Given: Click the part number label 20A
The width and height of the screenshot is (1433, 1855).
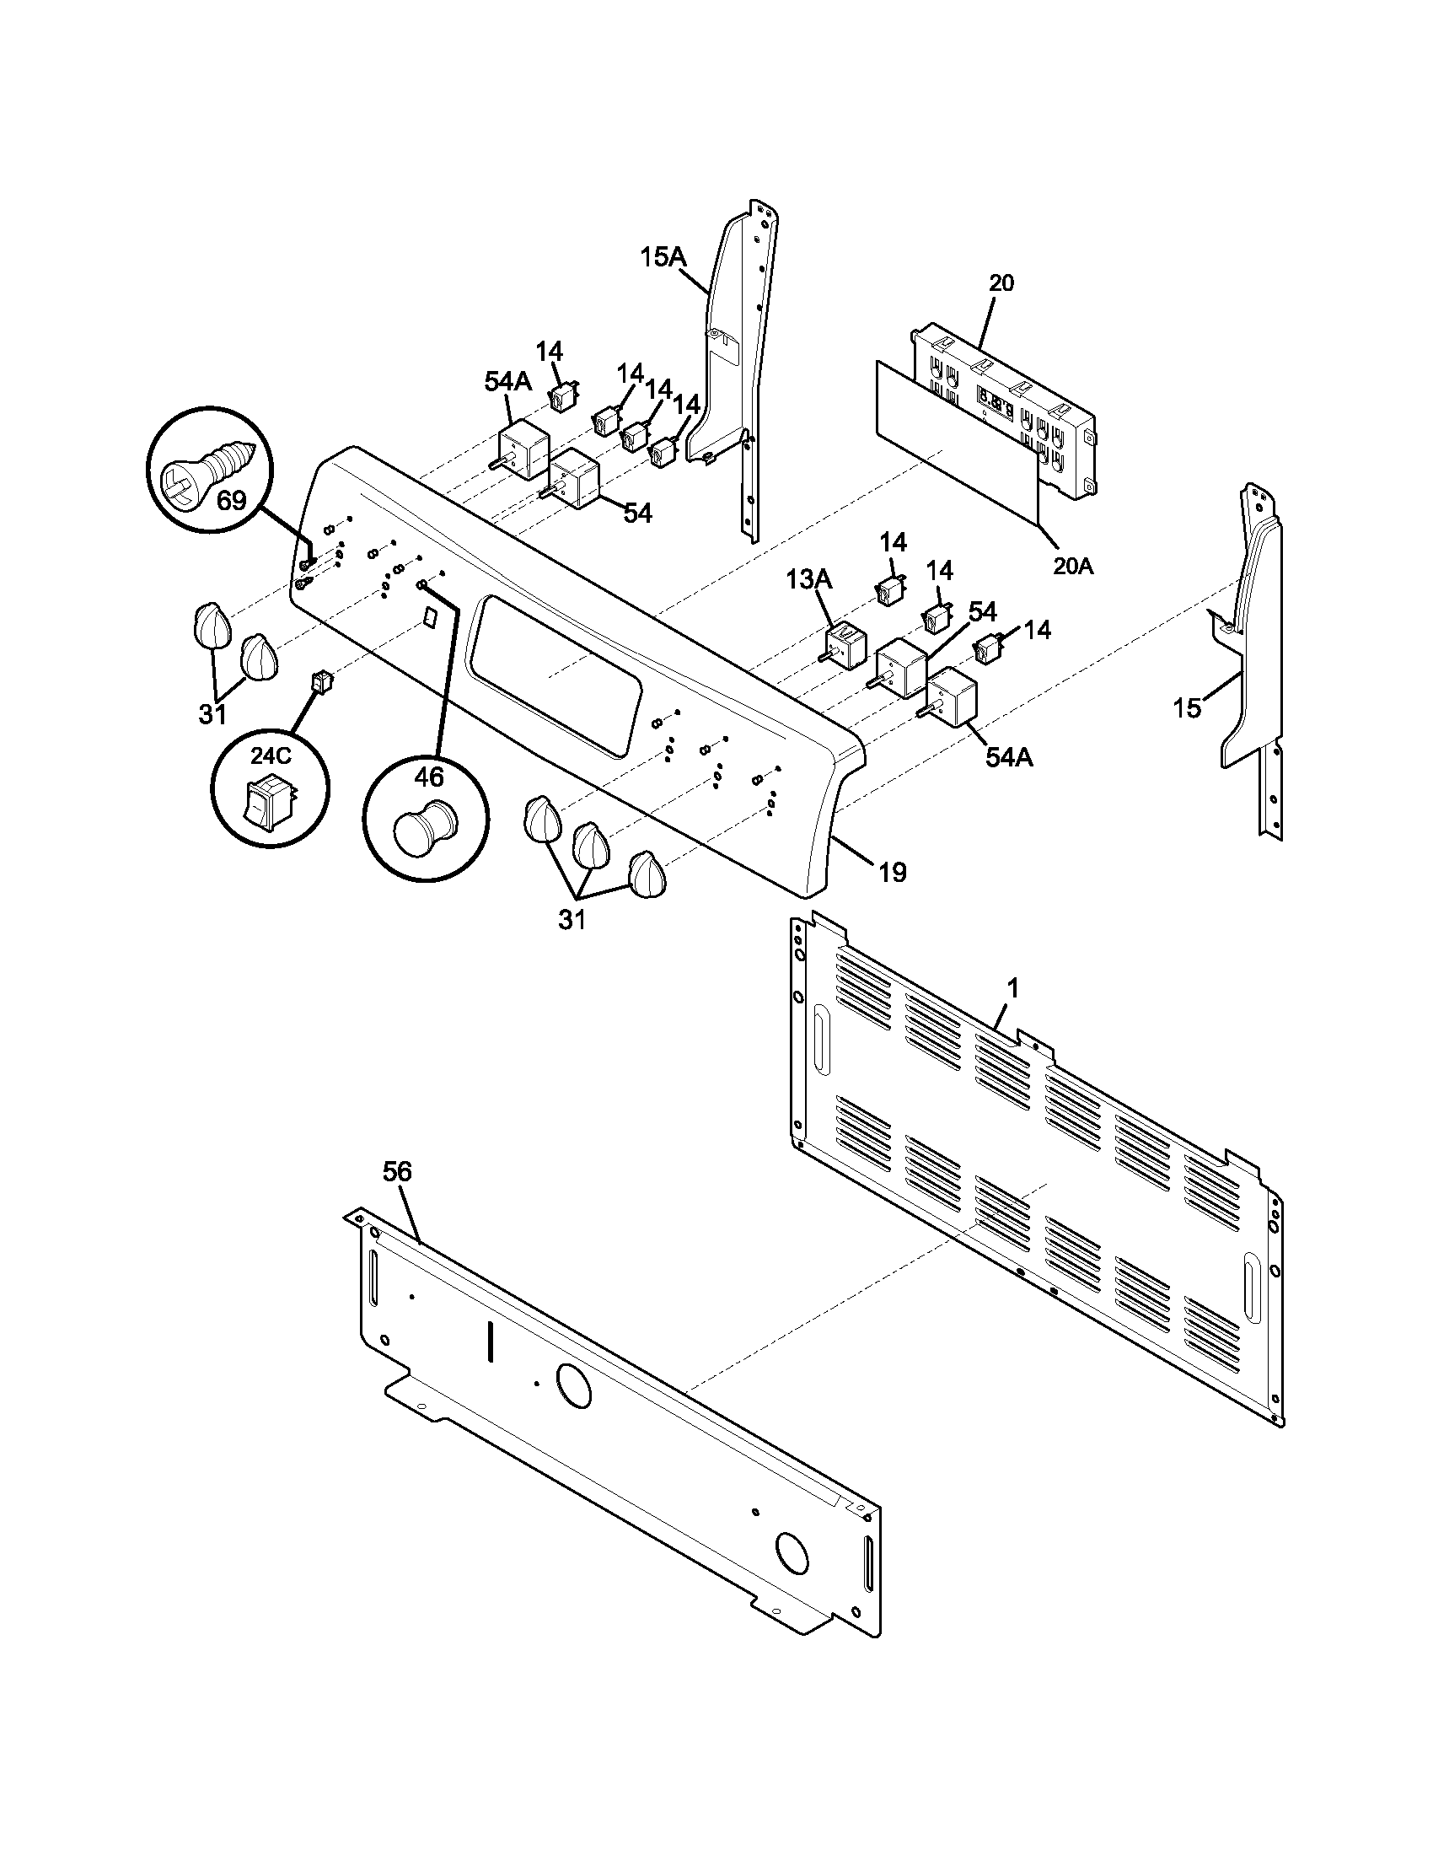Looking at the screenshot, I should [x=1073, y=566].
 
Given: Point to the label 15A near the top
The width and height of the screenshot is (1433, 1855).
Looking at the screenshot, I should [x=663, y=256].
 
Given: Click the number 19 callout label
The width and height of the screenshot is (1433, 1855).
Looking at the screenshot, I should [x=891, y=872].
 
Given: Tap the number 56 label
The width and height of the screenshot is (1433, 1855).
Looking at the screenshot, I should [x=396, y=1172].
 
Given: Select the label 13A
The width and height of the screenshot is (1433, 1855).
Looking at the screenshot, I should [x=808, y=580].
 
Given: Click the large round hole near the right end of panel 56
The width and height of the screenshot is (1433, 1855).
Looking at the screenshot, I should [x=792, y=1555].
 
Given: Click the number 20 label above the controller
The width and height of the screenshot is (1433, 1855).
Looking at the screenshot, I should [x=1001, y=282].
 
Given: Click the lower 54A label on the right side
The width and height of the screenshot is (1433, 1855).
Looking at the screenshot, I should [x=1008, y=758].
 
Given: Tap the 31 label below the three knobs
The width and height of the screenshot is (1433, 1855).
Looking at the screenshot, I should [x=572, y=919].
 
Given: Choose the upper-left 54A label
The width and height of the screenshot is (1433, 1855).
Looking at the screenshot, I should [x=507, y=381].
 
